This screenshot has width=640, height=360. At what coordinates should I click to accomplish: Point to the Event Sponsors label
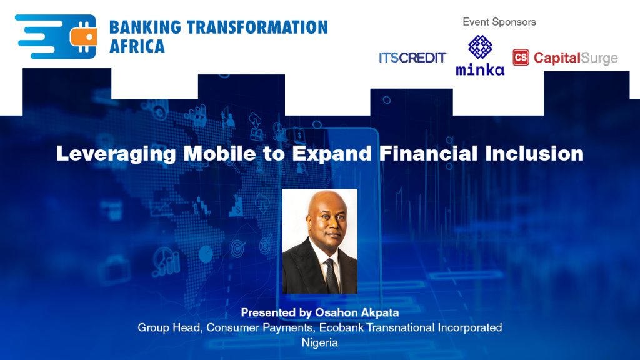pos(499,22)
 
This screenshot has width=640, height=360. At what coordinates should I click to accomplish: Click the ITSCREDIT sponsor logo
pos(412,58)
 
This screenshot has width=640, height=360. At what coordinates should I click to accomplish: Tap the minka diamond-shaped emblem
pos(480,47)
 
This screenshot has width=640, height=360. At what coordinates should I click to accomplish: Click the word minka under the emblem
pos(480,69)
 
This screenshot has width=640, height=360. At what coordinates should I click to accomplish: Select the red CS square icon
pos(521,58)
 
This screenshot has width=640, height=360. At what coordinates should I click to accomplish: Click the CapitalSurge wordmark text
pos(576,59)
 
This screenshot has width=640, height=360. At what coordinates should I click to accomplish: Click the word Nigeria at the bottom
pos(320,342)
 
